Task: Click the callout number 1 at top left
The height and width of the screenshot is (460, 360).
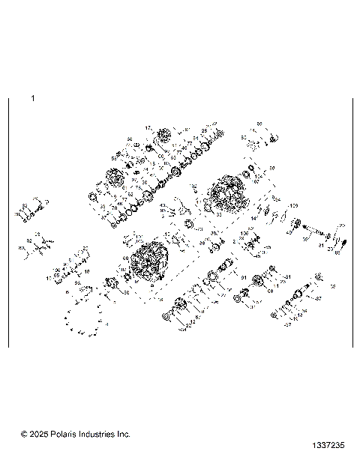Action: click(x=32, y=98)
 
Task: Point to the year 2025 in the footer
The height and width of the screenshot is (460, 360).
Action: click(x=38, y=434)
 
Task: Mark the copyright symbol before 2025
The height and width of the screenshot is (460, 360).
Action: click(x=24, y=434)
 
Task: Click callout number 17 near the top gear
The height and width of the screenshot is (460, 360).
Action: click(x=148, y=128)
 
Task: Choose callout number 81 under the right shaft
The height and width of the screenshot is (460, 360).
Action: click(x=320, y=245)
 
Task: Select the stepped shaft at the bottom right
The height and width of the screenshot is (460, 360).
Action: click(x=289, y=299)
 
